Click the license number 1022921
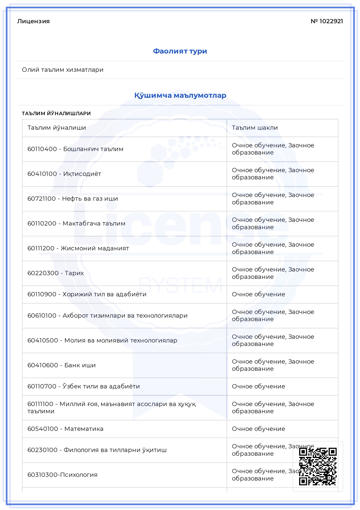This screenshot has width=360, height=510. click(327, 21)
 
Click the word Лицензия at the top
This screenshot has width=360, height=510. click(33, 21)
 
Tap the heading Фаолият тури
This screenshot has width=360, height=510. click(180, 51)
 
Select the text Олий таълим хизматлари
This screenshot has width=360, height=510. click(63, 70)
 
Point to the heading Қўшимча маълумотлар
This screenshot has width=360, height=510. click(180, 95)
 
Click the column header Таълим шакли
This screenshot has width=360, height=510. click(255, 128)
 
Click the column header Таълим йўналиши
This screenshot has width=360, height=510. click(57, 128)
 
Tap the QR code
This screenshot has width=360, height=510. click(318, 466)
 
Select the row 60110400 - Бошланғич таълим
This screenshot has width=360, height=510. click(75, 149)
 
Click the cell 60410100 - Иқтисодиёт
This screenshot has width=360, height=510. click(64, 174)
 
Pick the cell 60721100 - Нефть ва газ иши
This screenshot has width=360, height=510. click(72, 199)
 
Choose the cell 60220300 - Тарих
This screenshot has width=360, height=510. click(55, 273)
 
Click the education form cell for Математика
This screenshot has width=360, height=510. click(258, 429)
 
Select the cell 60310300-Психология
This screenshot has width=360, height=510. click(62, 475)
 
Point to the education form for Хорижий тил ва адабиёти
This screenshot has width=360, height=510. click(258, 294)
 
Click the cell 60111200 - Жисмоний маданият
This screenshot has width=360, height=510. click(78, 248)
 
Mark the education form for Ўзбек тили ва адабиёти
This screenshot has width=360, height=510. click(258, 386)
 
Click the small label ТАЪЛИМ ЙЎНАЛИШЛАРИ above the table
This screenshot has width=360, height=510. click(56, 114)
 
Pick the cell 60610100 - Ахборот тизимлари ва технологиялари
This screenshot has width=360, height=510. click(107, 316)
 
